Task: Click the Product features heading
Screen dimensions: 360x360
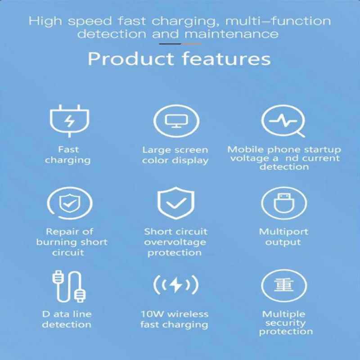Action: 179,59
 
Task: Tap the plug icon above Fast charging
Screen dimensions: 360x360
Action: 70,121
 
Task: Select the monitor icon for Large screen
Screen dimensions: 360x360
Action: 176,121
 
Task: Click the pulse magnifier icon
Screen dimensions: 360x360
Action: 283,121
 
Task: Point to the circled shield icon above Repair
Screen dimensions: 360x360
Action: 70,203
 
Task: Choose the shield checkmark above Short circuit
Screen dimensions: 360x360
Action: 176,203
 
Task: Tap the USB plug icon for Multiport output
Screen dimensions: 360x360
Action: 284,203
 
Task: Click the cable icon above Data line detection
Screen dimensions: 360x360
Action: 69,286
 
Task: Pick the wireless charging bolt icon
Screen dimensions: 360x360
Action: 176,285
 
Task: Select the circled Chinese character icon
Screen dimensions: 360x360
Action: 284,286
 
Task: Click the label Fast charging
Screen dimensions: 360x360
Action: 68,155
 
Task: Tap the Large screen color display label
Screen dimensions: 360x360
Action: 175,155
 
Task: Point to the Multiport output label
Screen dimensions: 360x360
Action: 283,237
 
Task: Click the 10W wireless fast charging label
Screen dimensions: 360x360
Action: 175,319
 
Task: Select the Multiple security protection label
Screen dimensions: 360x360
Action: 286,323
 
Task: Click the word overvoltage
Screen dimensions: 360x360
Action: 175,243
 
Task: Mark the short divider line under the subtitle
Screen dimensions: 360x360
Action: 180,44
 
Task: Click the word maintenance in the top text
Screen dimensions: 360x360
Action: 231,34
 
